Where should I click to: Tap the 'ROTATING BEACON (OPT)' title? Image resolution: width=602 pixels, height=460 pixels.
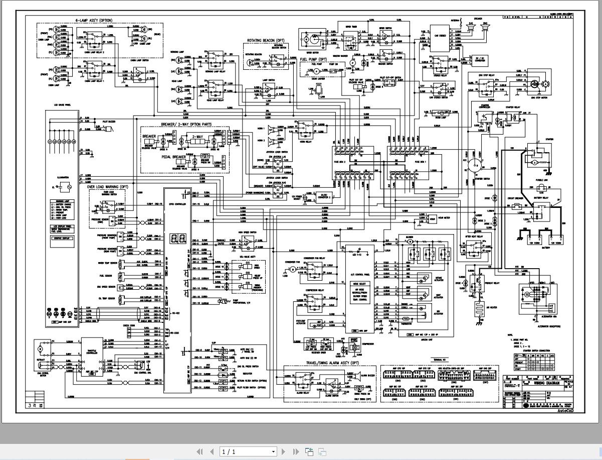pos(266,40)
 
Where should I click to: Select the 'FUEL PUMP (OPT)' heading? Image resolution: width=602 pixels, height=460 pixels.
pos(313,59)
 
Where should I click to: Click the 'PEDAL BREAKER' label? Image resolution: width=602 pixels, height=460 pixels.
pos(173,157)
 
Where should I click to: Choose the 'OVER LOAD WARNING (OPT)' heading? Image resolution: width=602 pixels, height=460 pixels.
pos(108,187)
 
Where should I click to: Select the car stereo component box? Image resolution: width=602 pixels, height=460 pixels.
pos(441,36)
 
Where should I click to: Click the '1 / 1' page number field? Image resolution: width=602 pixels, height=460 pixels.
pos(248,451)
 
